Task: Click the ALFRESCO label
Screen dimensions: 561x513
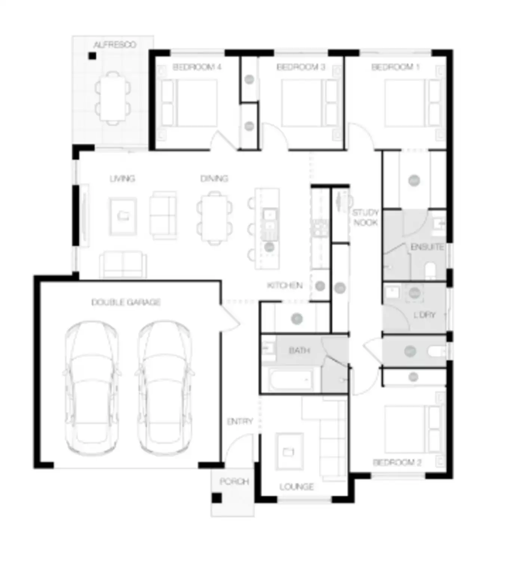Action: pos(115,45)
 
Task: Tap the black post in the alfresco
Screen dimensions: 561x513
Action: pos(92,56)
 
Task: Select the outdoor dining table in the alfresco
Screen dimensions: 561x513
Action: pos(113,98)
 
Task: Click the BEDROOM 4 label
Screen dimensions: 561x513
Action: pos(197,67)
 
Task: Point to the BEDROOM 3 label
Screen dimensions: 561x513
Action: pos(301,67)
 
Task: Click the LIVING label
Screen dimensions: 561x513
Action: pos(122,178)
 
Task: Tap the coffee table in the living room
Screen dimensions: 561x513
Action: pos(123,216)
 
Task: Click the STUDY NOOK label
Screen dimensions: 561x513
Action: pos(365,217)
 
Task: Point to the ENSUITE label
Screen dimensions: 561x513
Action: pos(427,247)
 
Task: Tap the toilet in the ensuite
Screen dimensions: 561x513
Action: pos(431,270)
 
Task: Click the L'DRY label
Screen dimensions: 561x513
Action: pos(424,315)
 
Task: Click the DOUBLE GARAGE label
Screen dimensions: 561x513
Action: pos(126,302)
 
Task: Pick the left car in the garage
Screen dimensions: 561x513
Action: pos(92,387)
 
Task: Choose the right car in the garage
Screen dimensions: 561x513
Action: pos(165,387)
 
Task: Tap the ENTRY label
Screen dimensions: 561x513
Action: pos(240,421)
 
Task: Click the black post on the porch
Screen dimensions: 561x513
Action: pos(216,498)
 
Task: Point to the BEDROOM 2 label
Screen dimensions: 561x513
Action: pos(397,462)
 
